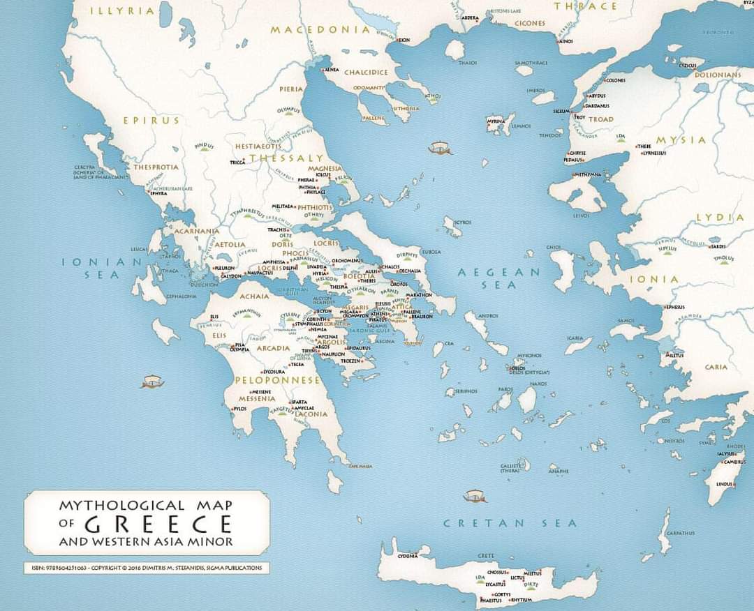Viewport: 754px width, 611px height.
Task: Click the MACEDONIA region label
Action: [320, 29]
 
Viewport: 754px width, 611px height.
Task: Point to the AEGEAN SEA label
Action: [499, 278]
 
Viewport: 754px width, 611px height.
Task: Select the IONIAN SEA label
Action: [102, 268]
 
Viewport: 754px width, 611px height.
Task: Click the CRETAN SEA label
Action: [510, 523]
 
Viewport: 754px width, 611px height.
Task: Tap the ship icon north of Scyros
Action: [440, 148]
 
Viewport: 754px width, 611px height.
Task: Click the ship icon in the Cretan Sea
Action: [475, 496]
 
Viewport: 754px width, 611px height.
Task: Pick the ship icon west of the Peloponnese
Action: [152, 382]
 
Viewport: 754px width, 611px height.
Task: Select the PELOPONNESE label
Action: [277, 380]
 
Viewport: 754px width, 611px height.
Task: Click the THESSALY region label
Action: [287, 158]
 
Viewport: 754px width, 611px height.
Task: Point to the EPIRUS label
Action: [151, 120]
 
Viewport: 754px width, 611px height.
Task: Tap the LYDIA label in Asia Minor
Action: [720, 218]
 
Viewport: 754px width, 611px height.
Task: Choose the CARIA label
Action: [716, 367]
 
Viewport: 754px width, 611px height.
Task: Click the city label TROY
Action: [580, 117]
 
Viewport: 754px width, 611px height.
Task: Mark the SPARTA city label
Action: [300, 402]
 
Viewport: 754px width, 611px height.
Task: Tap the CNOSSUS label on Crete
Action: [497, 572]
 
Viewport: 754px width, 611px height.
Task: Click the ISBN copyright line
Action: [147, 568]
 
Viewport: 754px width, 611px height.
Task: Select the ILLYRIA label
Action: [122, 11]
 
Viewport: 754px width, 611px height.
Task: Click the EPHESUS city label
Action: [675, 307]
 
